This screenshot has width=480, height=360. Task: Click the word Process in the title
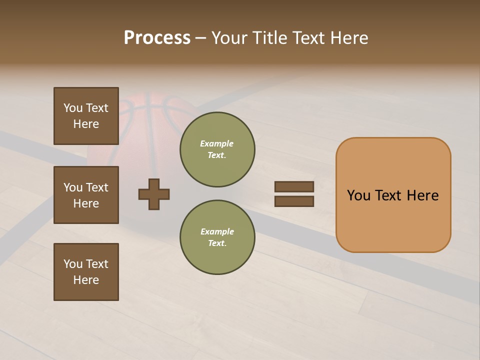coord(157,38)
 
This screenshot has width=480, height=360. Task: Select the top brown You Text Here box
coord(86,116)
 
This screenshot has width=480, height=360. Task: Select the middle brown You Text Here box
coord(86,195)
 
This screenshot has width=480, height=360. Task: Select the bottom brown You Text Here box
coord(86,271)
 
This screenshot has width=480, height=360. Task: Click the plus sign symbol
coord(154,194)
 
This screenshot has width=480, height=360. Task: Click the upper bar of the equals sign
coord(294,186)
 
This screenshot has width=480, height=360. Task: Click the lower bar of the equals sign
coord(294,201)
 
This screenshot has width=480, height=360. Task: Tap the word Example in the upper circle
coord(216,143)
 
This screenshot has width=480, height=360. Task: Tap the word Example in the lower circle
coord(217,231)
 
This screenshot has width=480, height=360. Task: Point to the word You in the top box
coord(73,108)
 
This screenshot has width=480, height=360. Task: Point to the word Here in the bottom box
coord(86,280)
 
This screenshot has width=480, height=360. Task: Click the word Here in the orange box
coord(422,195)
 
